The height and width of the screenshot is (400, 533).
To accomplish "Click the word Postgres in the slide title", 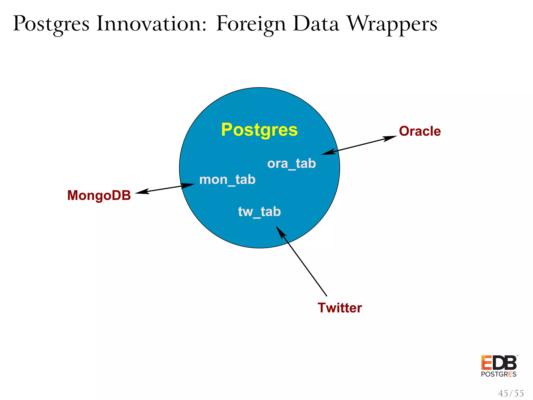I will (51, 24).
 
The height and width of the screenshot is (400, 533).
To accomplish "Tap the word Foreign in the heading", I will (251, 24).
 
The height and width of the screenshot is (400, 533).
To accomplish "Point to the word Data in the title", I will (316, 24).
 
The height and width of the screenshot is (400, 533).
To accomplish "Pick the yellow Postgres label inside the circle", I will (259, 130).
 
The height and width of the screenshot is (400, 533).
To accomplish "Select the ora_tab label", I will (291, 164).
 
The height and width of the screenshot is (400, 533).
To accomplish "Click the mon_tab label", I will (227, 180).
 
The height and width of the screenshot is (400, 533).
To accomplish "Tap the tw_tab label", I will (259, 211).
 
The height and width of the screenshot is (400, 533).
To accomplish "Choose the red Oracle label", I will (420, 131).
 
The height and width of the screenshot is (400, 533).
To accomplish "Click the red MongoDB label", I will (99, 195).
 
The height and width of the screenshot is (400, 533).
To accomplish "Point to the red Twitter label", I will (340, 308).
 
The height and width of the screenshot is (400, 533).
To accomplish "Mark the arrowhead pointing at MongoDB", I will (142, 192).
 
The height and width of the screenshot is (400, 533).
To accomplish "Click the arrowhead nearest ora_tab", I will (328, 152).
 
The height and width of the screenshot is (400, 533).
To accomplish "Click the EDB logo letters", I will (499, 363).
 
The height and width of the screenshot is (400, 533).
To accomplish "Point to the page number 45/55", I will (511, 393).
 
